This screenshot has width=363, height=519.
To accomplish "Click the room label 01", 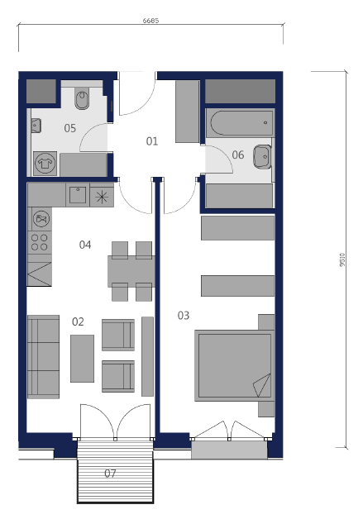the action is (x=152, y=141).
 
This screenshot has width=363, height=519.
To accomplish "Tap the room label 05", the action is (x=70, y=128).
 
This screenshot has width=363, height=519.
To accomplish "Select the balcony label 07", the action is (x=110, y=474).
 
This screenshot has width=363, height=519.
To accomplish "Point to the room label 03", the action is (x=184, y=315).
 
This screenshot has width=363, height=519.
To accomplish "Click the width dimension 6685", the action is (x=150, y=21).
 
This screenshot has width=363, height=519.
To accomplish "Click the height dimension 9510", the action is (x=342, y=259).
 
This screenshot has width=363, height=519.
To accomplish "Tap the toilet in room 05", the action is (x=82, y=98).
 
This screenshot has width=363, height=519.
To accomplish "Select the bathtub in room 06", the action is (x=240, y=123).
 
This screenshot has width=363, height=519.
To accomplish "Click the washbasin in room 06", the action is (x=262, y=157).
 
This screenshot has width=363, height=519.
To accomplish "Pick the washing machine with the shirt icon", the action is (x=45, y=164).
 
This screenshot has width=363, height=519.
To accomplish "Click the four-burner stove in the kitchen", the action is (x=40, y=242).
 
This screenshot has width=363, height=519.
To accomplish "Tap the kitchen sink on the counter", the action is (x=78, y=195).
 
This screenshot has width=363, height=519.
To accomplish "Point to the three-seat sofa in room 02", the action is (x=43, y=357).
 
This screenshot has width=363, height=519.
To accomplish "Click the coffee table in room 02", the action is (x=82, y=359).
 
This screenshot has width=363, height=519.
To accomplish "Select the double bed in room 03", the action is (x=235, y=365).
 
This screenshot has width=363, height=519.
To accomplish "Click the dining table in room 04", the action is (x=131, y=271).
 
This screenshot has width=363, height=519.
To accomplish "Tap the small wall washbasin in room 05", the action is (x=36, y=126).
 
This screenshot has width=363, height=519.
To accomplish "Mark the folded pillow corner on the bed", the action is (x=263, y=385).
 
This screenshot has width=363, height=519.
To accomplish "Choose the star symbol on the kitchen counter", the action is (x=102, y=197).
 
